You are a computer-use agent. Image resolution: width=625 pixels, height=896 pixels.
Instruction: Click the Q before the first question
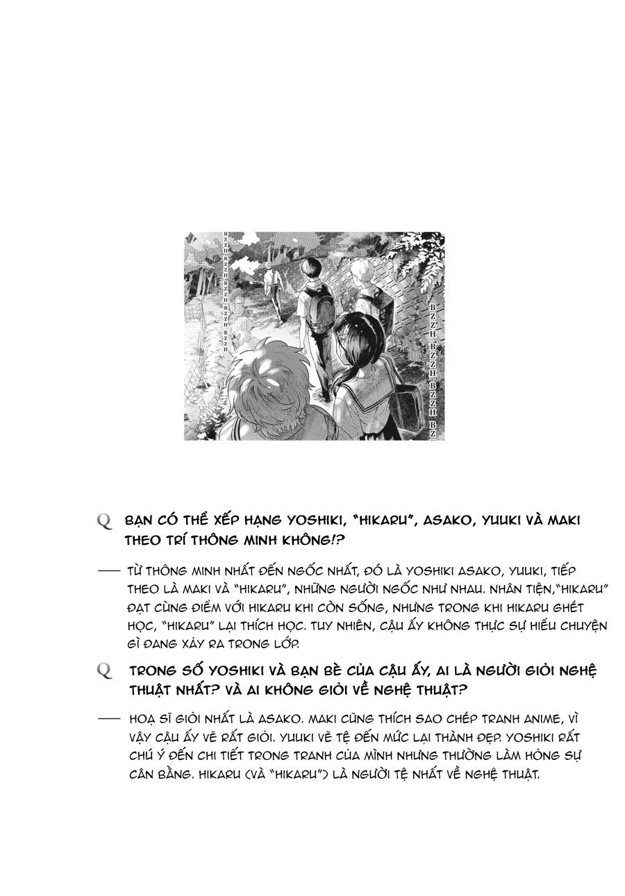click(x=105, y=522)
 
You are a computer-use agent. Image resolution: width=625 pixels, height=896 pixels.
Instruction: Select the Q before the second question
click(x=105, y=671)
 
